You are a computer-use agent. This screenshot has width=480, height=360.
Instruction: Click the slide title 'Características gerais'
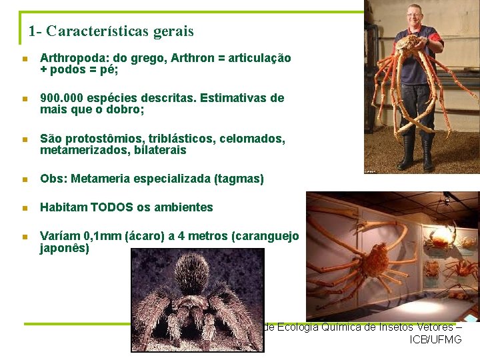120,31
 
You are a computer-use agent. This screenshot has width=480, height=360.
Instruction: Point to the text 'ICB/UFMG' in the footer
435,340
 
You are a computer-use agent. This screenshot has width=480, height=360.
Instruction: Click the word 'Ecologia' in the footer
297,327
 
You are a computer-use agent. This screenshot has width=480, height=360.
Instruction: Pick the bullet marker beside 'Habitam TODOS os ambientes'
25,208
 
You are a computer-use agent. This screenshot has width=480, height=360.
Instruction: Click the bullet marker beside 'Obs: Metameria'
25,179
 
